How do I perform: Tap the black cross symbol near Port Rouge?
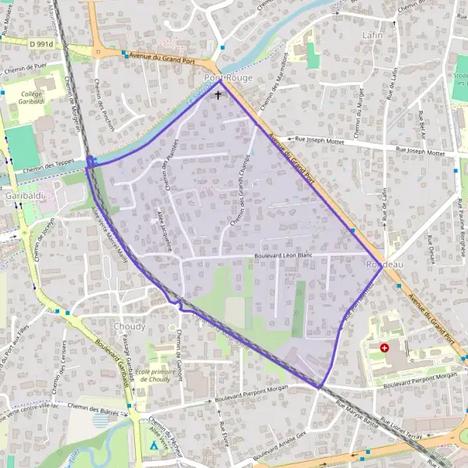218,95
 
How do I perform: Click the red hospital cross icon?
384,348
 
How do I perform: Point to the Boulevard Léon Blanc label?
289,257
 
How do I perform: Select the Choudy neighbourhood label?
129,326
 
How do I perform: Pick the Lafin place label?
374,36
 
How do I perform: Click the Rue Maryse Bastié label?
356,415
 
